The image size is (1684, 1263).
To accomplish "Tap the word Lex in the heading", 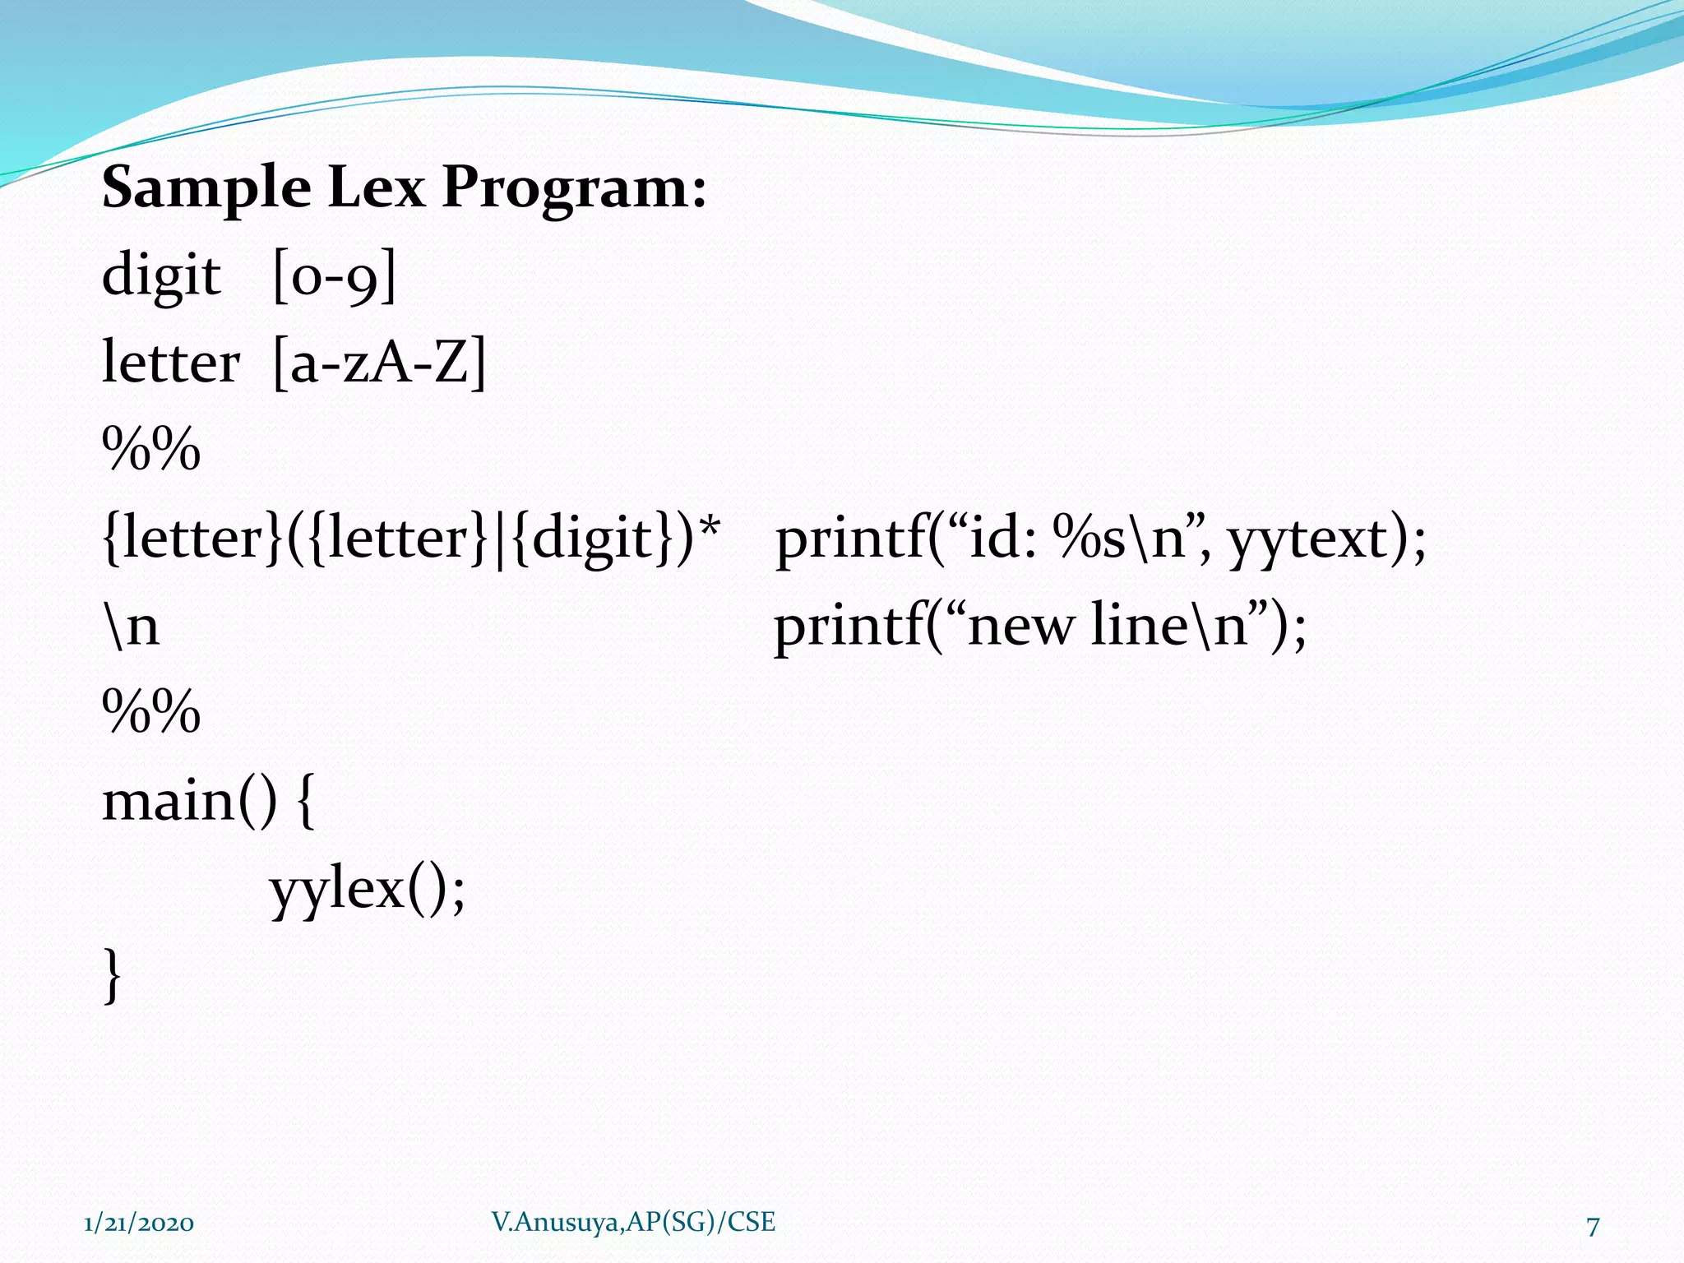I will click(x=376, y=187).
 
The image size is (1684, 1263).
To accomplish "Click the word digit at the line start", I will click(x=161, y=277).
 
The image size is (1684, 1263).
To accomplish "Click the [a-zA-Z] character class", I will click(x=379, y=364).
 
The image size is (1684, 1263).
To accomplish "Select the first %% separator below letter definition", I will click(x=151, y=451).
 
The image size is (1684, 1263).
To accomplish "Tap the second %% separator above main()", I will click(x=151, y=712).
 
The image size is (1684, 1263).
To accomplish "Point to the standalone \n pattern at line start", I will click(x=132, y=627).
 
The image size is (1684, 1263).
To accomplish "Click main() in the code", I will click(x=190, y=802).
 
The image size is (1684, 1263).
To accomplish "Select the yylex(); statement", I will click(x=368, y=891).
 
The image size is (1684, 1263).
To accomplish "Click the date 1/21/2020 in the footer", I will click(x=139, y=1224).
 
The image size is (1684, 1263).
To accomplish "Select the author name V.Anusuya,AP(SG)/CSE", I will click(x=633, y=1222).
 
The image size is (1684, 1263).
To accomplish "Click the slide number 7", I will click(x=1593, y=1226).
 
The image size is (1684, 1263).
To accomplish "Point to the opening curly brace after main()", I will click(x=304, y=803).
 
